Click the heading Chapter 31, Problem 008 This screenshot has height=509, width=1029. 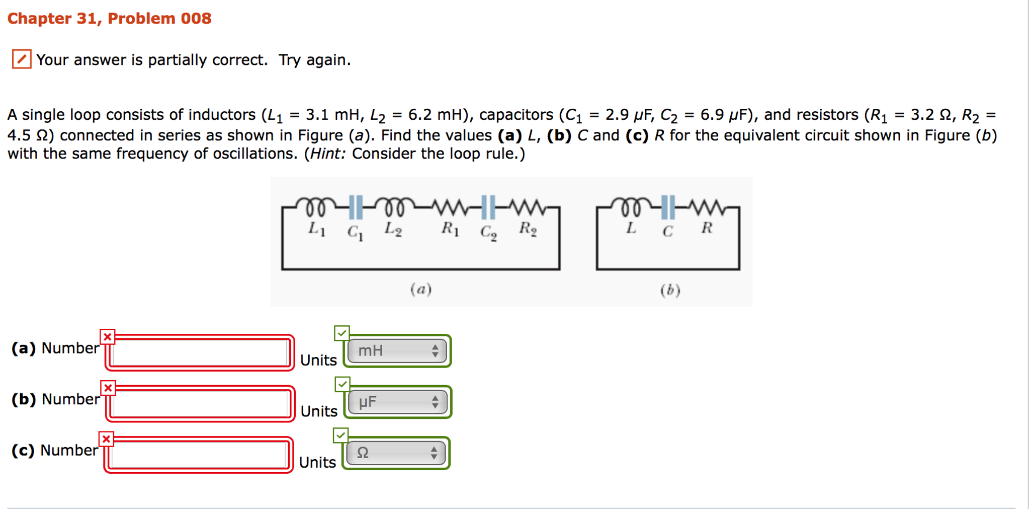[109, 19]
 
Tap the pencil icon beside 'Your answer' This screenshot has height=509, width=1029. [22, 59]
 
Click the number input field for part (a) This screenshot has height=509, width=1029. [200, 352]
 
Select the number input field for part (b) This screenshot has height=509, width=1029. [200, 403]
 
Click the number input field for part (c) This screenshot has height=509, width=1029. [199, 455]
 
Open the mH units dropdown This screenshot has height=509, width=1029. [397, 351]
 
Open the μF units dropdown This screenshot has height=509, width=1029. [397, 402]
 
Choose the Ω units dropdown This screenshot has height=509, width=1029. [396, 453]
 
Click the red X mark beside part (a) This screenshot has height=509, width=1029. [108, 337]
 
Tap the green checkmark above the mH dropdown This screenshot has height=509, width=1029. [342, 333]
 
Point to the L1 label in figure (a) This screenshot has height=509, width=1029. [317, 229]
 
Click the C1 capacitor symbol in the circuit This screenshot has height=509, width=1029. [356, 207]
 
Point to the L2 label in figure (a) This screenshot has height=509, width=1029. [393, 229]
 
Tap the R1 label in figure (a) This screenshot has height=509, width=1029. [450, 229]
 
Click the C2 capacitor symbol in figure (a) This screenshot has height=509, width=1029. [488, 207]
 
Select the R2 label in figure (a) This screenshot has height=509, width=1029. [528, 229]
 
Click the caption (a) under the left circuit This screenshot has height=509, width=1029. [421, 289]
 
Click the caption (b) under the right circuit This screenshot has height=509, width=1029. [670, 290]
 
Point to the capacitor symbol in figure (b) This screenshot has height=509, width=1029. [668, 207]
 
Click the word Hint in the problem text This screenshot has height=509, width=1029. [327, 154]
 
